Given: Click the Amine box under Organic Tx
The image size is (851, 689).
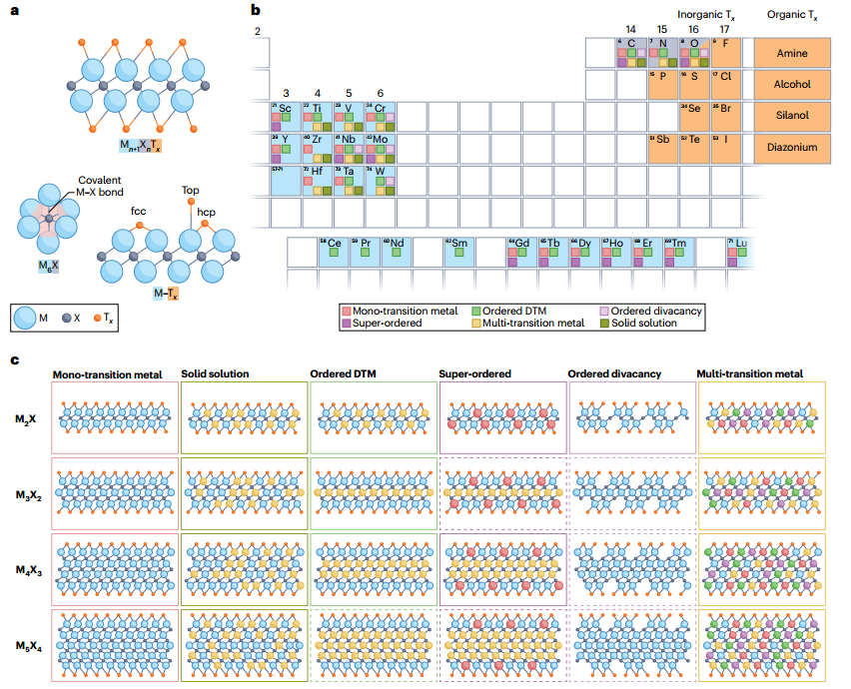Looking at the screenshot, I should (x=793, y=53).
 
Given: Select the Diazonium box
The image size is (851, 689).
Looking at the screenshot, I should (x=793, y=148).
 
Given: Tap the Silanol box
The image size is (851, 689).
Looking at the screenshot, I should (x=793, y=116).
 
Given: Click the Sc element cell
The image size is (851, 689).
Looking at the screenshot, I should (x=285, y=116).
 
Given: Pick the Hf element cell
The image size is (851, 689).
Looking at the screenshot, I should (x=317, y=180).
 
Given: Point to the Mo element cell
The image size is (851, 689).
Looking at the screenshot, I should (x=381, y=148).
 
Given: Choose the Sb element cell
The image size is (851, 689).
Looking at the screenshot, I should (x=662, y=148).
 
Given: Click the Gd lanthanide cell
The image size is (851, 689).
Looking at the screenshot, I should (x=520, y=252).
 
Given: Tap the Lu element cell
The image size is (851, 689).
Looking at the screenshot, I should (x=740, y=252).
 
